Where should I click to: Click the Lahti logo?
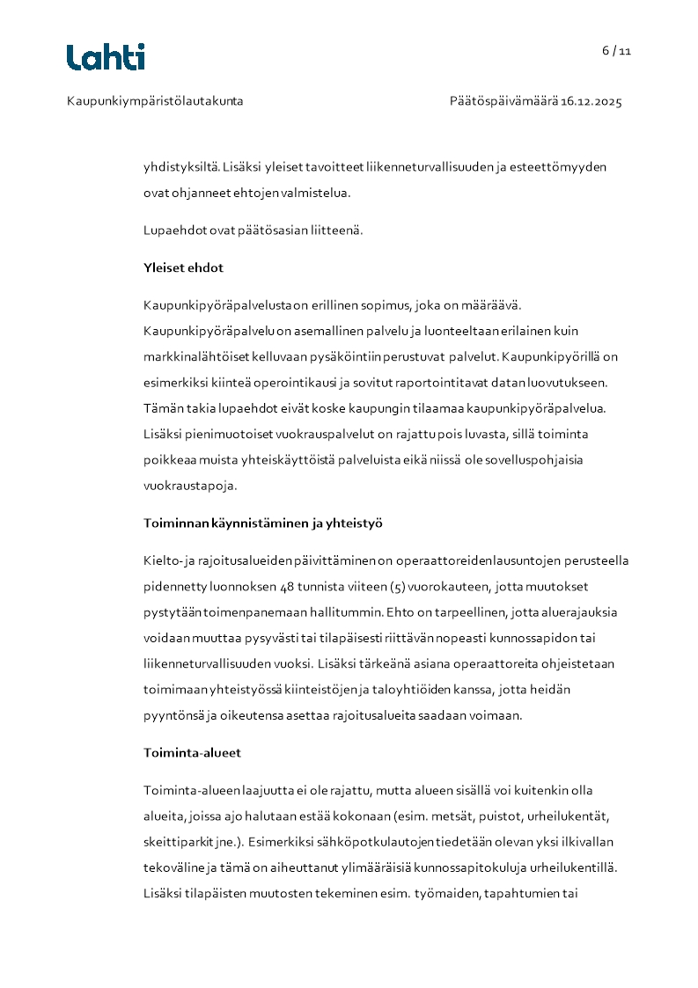coord(106,57)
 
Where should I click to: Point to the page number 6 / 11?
coord(617,51)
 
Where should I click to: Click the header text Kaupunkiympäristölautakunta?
coord(155,101)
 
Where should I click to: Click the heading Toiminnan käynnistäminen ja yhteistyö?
coord(263,523)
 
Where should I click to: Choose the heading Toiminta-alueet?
coord(192,753)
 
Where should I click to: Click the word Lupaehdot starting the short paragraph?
coord(174,231)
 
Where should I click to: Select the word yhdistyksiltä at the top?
coord(181,166)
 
